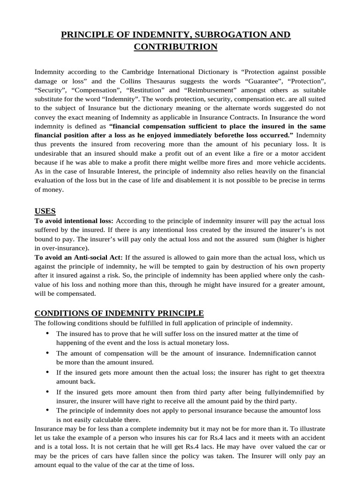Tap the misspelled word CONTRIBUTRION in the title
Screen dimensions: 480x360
point(176,46)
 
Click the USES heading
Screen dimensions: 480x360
point(45,211)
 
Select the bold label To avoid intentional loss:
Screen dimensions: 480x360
point(74,221)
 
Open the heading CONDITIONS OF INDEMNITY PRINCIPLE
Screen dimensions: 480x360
point(119,313)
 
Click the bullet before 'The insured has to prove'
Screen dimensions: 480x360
point(48,333)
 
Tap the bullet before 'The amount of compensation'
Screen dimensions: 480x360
point(48,352)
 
